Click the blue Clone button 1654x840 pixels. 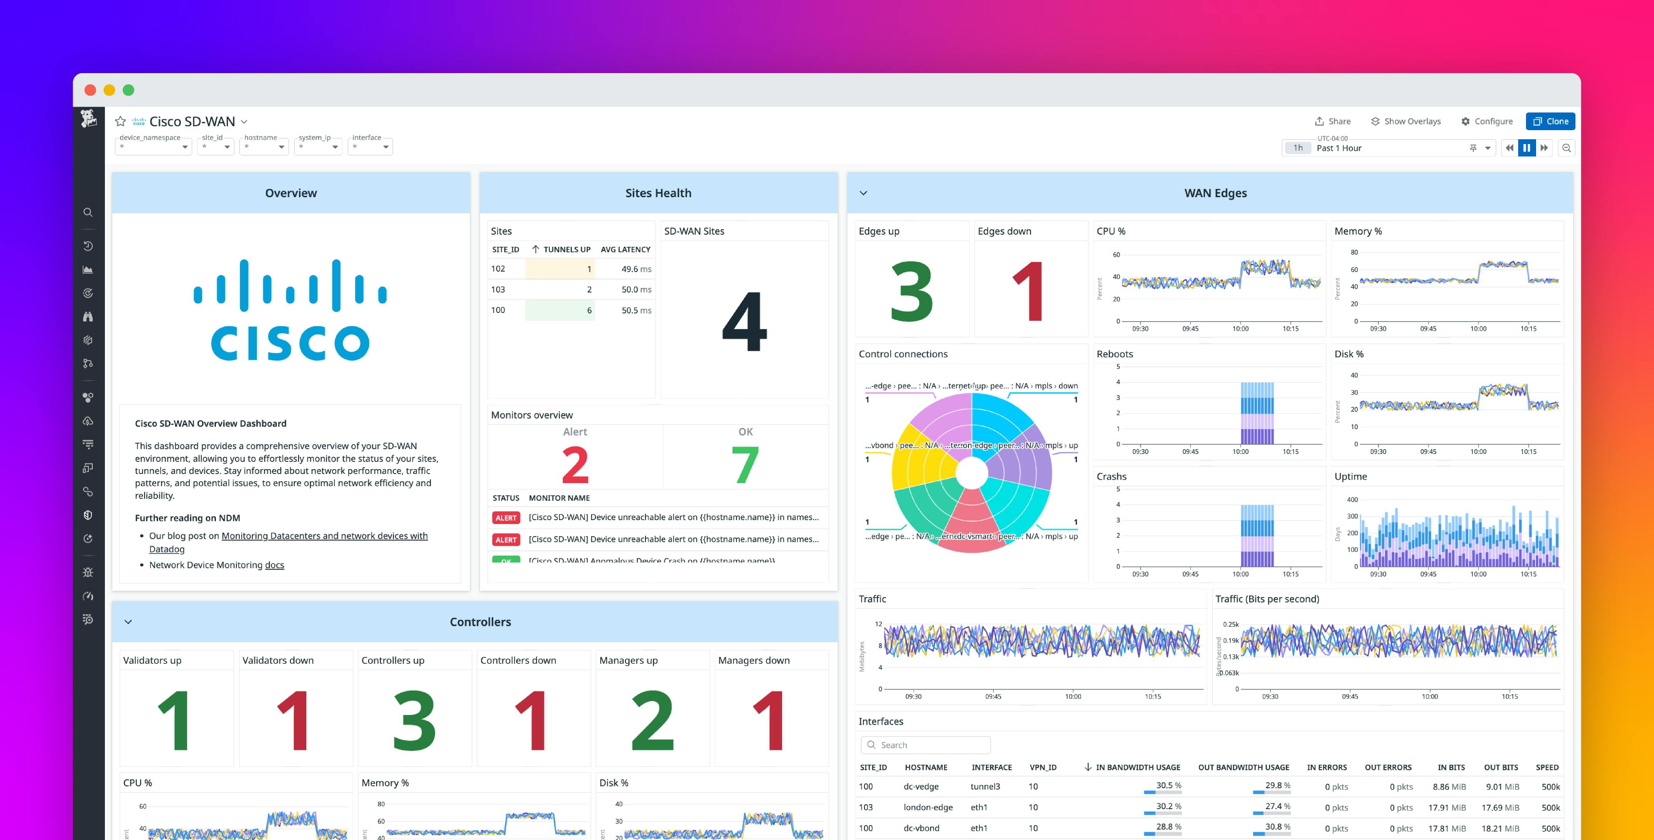pos(1550,121)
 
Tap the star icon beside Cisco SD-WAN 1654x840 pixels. pos(120,121)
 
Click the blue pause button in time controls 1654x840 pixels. pos(1526,148)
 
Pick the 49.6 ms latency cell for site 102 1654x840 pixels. pos(635,269)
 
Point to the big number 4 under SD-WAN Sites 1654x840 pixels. pos(744,321)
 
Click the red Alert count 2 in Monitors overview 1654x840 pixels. pos(575,465)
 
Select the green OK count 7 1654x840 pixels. pos(745,465)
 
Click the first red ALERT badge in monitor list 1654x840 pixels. pos(505,517)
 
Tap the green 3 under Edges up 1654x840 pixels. pos(911,292)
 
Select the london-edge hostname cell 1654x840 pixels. pos(928,807)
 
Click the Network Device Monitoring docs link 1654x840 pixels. pos(274,565)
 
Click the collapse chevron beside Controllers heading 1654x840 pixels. pos(128,622)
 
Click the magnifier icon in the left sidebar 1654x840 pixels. pos(88,212)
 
